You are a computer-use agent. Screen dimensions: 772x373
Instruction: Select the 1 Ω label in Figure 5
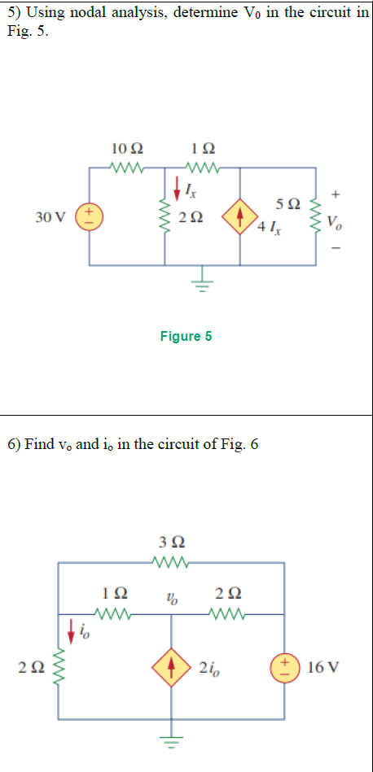click(201, 148)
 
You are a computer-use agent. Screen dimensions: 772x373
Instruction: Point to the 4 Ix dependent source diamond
click(240, 218)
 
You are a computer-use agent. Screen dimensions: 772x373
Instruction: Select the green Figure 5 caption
click(186, 337)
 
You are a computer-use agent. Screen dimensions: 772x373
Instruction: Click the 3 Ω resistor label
click(171, 542)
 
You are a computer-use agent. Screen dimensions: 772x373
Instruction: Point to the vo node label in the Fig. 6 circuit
click(172, 600)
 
